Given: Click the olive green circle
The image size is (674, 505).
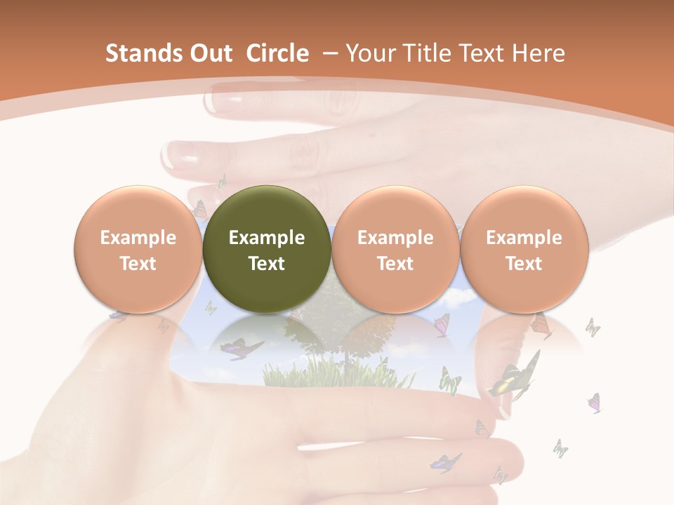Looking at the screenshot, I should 267,249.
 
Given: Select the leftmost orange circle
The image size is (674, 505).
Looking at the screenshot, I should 138,249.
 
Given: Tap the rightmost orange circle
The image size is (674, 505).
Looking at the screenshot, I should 524,249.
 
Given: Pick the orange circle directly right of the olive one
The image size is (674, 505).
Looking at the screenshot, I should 395,249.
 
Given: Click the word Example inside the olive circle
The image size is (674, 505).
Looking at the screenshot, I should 267,238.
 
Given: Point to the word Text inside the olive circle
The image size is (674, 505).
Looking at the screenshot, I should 267,264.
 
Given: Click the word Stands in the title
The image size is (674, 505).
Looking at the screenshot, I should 141,53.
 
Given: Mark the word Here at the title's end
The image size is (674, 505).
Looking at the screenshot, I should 538,53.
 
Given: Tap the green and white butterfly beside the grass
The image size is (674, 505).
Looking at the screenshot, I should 449,380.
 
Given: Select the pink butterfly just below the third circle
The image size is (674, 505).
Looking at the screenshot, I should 442,324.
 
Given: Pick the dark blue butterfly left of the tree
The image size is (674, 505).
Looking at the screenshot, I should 239,348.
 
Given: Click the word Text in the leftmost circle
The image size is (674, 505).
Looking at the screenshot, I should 138,264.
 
